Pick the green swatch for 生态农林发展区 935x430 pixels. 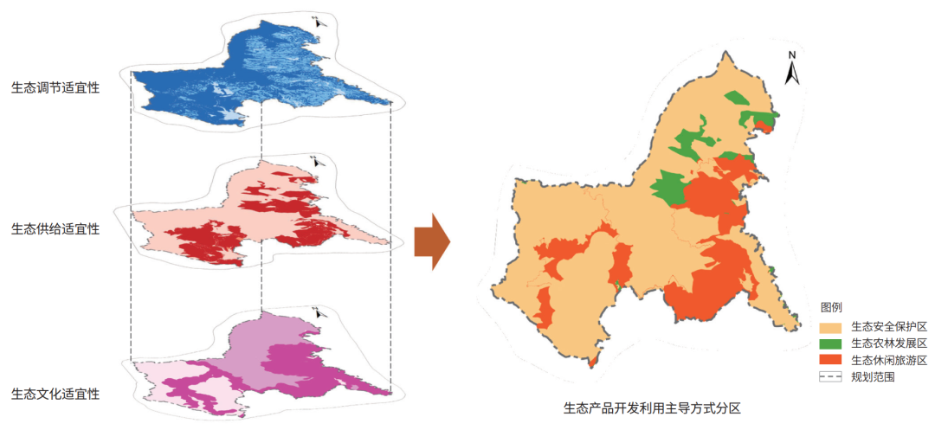(832, 343)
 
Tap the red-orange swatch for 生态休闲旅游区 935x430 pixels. (832, 360)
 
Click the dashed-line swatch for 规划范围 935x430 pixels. (832, 376)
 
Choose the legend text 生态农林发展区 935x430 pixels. (889, 343)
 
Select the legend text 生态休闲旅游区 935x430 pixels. (889, 360)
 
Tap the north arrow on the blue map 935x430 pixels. (320, 22)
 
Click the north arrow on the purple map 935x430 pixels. (321, 311)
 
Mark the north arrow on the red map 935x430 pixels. (319, 161)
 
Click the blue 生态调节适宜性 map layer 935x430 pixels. (260, 78)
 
